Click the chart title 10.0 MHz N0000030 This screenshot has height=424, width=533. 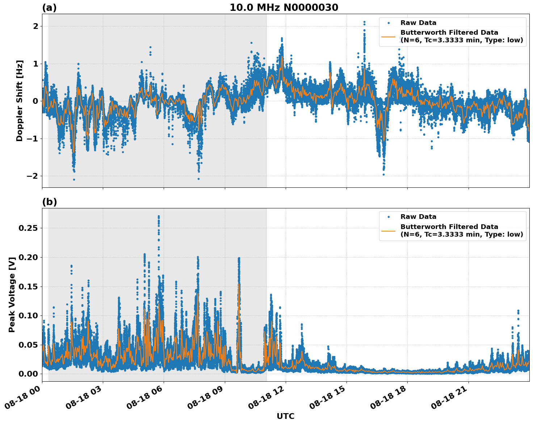click(284, 8)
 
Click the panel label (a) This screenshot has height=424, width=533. click(49, 8)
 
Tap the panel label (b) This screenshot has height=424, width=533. click(49, 202)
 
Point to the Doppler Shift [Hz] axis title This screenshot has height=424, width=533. click(20, 101)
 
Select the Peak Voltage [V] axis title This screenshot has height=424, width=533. click(12, 294)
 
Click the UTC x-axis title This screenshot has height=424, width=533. click(285, 416)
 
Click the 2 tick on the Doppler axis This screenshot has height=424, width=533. click(35, 26)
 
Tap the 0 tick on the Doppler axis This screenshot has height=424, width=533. click(35, 101)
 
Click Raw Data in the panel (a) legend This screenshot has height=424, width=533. click(418, 23)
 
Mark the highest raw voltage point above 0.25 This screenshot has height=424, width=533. click(159, 216)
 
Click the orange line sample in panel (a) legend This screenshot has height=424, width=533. click(388, 37)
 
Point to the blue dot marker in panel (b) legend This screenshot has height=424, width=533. click(388, 217)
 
